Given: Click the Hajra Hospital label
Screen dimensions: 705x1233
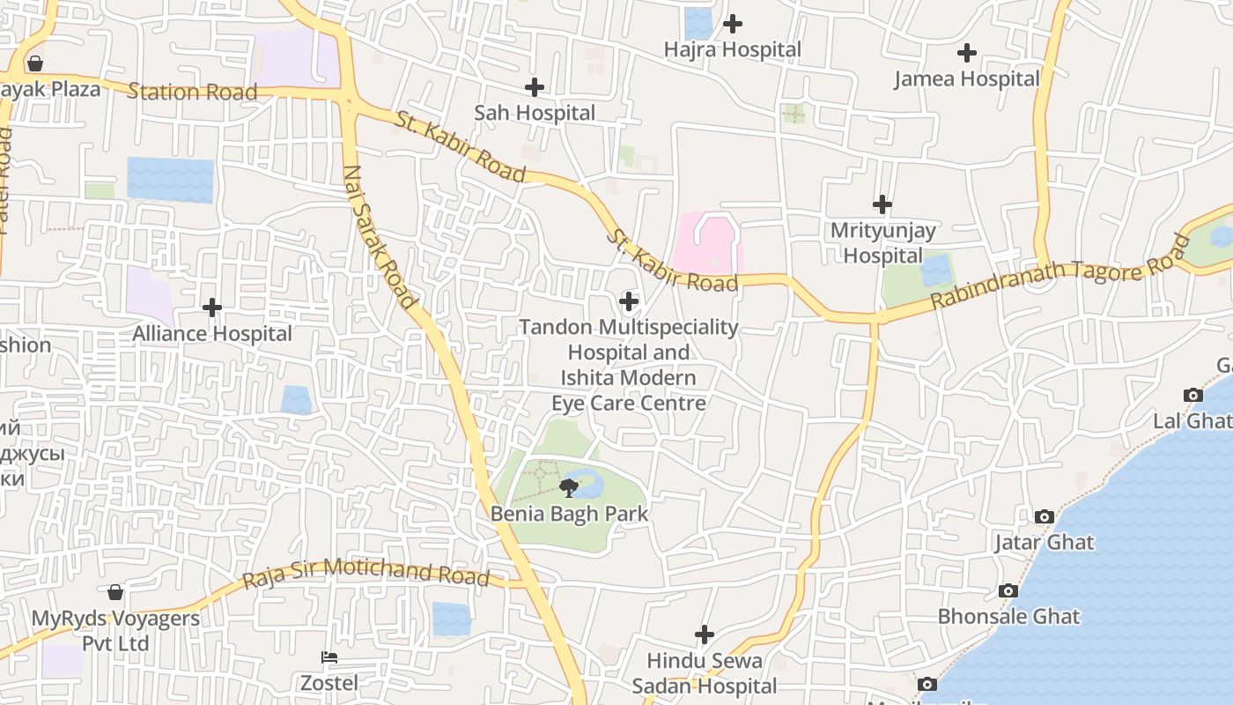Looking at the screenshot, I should pyautogui.click(x=733, y=50).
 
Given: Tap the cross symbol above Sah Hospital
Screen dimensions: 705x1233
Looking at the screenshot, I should pyautogui.click(x=534, y=87).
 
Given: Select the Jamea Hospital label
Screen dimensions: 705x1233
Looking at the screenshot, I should pyautogui.click(x=967, y=79).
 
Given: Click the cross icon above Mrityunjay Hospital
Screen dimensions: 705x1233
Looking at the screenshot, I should pyautogui.click(x=882, y=204).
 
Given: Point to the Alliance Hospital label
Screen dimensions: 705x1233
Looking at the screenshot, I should pyautogui.click(x=212, y=334).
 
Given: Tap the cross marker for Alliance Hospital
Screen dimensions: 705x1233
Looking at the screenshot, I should pyautogui.click(x=212, y=308).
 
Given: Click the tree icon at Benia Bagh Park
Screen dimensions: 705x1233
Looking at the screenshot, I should pyautogui.click(x=568, y=486).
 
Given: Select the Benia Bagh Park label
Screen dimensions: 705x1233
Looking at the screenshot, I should pyautogui.click(x=569, y=514).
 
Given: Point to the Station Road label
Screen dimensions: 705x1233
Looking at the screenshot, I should pyautogui.click(x=192, y=92).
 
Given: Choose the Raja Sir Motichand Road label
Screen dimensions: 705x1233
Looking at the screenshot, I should pyautogui.click(x=365, y=573).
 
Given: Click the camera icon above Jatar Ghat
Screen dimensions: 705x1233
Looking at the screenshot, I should pyautogui.click(x=1045, y=516).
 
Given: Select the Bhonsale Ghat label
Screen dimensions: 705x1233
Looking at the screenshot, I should pyautogui.click(x=1008, y=616).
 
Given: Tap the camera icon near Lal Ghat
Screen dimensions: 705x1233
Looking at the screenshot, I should pyautogui.click(x=1193, y=395).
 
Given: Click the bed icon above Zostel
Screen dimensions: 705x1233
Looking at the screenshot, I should pyautogui.click(x=329, y=657).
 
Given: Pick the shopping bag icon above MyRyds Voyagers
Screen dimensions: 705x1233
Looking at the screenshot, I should pyautogui.click(x=115, y=592).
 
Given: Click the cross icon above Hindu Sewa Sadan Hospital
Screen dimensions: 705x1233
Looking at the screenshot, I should pyautogui.click(x=705, y=634).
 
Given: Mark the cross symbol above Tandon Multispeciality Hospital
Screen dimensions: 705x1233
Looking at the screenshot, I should pyautogui.click(x=629, y=301).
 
